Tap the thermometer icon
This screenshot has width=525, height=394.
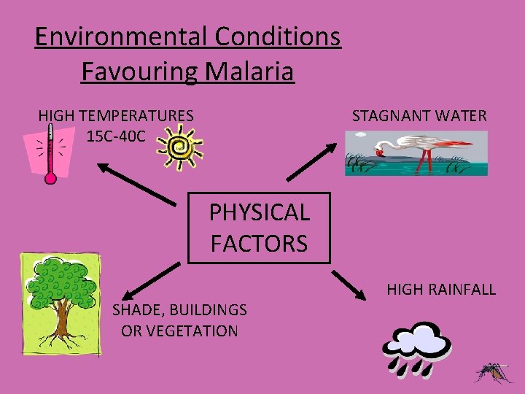pos(50,154)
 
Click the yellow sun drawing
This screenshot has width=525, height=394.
pos(179,146)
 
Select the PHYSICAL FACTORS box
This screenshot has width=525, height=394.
pos(259,227)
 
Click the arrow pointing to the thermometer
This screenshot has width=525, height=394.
pos(141,183)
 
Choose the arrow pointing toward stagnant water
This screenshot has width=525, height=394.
pos(310,161)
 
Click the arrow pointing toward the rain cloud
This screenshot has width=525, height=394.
pos(349,285)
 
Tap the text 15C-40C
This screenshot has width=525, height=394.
pos(115,136)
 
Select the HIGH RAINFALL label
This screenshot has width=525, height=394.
pos(440,290)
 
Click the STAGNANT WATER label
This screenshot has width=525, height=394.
pos(419,115)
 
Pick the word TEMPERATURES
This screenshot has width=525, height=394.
pos(136,115)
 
